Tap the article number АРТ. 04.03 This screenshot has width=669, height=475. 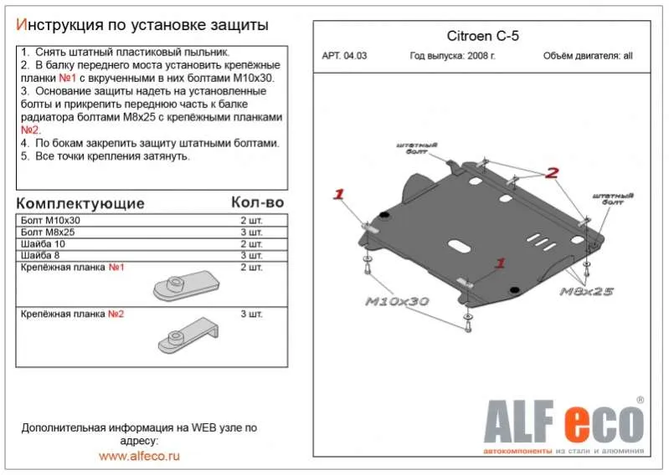[344, 57]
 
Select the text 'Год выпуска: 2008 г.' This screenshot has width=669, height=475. [452, 57]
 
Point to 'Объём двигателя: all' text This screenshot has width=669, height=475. [588, 57]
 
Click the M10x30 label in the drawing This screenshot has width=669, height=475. [397, 301]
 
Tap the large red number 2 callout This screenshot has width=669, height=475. [552, 174]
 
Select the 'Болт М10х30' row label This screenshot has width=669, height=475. [47, 219]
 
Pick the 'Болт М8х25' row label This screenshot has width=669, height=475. [46, 232]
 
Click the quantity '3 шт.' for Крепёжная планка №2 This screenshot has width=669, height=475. [251, 314]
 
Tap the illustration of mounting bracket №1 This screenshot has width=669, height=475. [185, 285]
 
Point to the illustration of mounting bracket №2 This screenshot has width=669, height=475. [185, 335]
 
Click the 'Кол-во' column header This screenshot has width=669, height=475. [257, 203]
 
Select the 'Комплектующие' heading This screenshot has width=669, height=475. [80, 203]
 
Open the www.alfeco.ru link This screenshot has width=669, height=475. [139, 456]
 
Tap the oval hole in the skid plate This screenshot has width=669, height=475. [460, 246]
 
